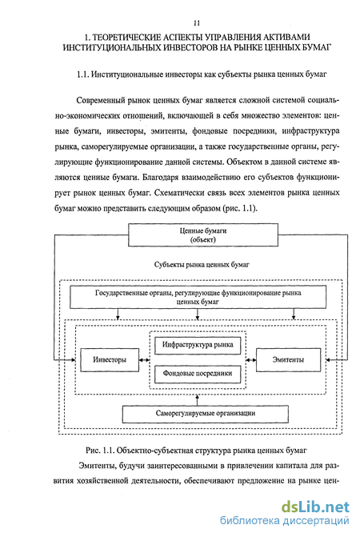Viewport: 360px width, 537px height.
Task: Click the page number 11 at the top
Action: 197,24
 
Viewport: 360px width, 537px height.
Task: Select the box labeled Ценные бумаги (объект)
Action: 203,235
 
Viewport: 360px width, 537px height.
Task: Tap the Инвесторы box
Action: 110,360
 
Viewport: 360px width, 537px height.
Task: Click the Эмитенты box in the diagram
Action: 289,360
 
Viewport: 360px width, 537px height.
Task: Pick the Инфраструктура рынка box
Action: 198,345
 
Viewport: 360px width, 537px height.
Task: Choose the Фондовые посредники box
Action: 198,374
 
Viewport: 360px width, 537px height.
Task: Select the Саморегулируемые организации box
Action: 206,414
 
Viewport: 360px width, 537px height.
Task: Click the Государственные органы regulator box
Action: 198,297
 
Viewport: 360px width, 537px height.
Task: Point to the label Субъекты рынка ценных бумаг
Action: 202,265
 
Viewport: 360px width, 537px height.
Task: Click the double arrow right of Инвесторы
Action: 145,360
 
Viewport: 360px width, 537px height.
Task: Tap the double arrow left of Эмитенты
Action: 251,360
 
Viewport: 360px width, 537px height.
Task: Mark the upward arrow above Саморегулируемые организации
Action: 197,400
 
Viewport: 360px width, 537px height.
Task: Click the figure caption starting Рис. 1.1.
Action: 196,451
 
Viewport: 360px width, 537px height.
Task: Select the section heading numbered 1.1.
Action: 202,74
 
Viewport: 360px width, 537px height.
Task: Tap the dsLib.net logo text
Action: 315,507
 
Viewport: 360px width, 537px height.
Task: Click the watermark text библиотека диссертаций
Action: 284,521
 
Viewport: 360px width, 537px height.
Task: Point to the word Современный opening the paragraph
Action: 100,101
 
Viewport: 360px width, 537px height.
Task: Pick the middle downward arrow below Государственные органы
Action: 197,314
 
